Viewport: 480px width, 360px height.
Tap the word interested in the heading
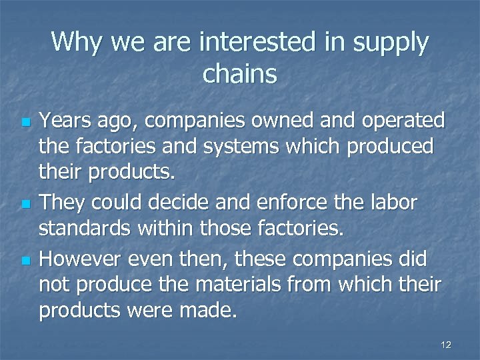point(256,42)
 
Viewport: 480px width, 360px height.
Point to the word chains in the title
point(239,73)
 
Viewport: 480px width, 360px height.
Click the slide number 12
point(446,345)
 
